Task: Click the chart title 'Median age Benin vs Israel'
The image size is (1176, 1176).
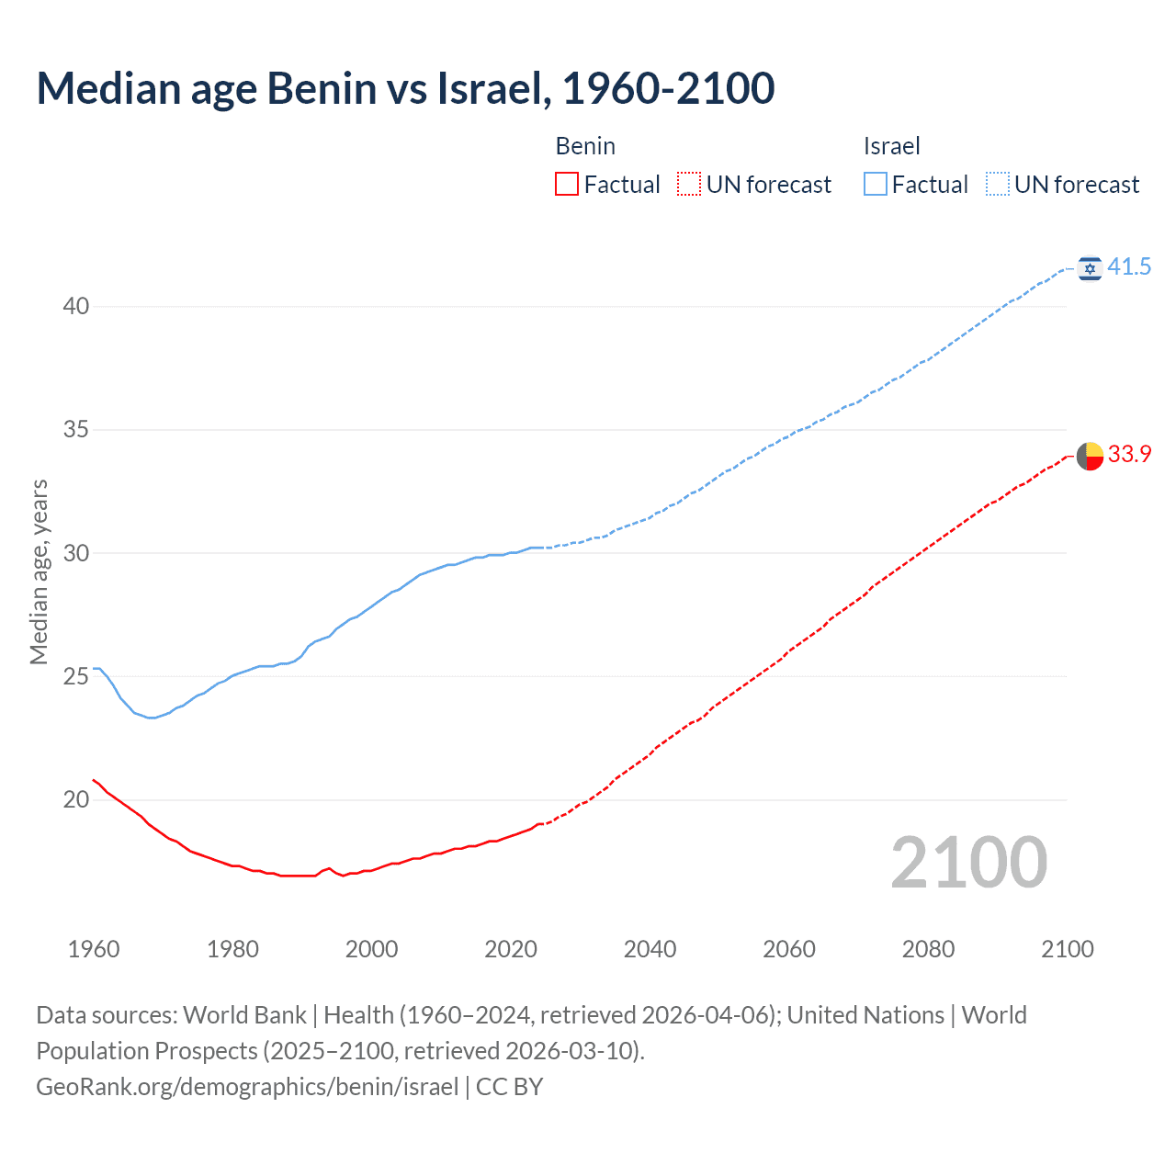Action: (x=405, y=88)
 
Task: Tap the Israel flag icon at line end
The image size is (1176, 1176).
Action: (x=1090, y=268)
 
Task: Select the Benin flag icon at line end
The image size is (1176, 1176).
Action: (x=1090, y=456)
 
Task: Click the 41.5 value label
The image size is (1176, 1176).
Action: (x=1129, y=267)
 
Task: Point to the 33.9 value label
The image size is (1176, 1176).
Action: (x=1129, y=455)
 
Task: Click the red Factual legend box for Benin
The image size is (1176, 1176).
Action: (x=567, y=185)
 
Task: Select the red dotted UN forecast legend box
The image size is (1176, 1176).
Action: (x=689, y=185)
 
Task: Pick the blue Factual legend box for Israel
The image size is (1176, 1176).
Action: (x=875, y=185)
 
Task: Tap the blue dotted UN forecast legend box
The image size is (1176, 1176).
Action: (x=997, y=185)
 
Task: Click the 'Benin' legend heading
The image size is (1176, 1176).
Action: (x=585, y=146)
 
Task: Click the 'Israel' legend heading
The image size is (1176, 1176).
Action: (x=891, y=146)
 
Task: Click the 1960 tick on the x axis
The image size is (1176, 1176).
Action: (x=94, y=949)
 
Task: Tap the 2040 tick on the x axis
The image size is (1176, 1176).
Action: (x=650, y=949)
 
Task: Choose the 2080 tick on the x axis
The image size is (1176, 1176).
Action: (x=928, y=949)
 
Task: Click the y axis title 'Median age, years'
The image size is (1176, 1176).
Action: (x=39, y=571)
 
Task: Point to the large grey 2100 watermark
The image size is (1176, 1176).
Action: (x=968, y=863)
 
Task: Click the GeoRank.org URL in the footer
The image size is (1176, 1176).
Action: (x=247, y=1087)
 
